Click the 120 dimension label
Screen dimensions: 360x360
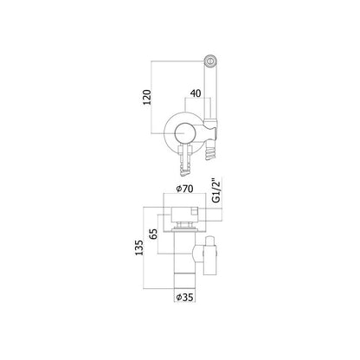click(x=147, y=97)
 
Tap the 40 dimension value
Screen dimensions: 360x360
click(x=196, y=93)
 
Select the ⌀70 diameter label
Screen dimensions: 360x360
click(x=184, y=189)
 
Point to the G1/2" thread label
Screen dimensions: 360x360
click(x=216, y=190)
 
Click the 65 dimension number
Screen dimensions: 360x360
click(x=154, y=234)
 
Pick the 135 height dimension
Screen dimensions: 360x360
click(x=139, y=247)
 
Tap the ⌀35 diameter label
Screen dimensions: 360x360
click(x=184, y=297)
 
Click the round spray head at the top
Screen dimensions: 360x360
click(x=211, y=61)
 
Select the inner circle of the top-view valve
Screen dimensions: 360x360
click(x=185, y=133)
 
